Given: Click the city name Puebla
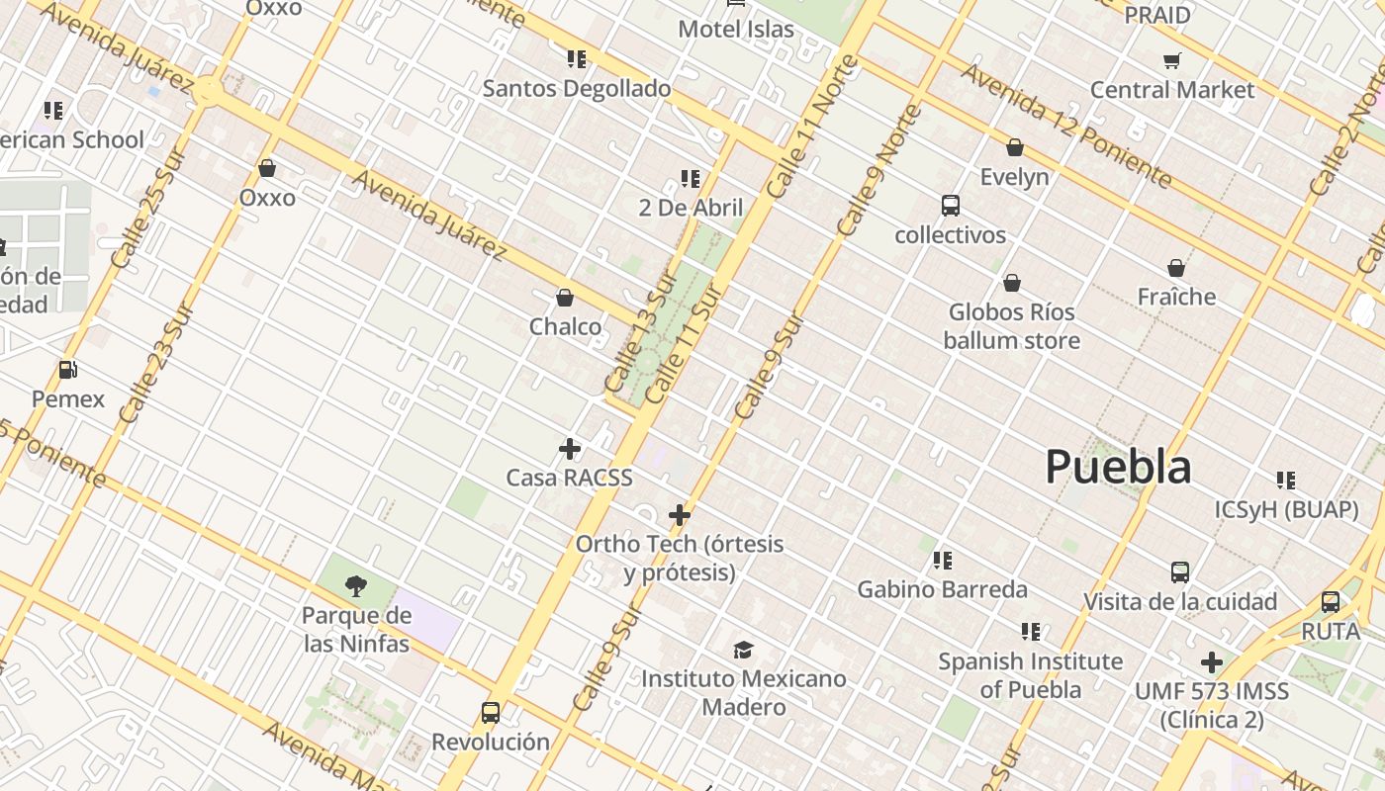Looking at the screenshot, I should [x=1118, y=467].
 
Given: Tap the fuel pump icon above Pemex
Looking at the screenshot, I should [x=67, y=370].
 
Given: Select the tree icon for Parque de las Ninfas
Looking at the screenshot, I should [x=356, y=585].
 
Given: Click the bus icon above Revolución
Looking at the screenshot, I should [x=490, y=712].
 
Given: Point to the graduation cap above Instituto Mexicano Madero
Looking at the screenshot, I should [x=743, y=649].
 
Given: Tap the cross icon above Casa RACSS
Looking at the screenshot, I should [x=569, y=449].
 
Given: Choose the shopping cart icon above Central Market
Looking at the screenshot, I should [x=1172, y=60].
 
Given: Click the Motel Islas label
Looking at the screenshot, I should [x=735, y=29].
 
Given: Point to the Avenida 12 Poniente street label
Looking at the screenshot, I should [x=1066, y=126].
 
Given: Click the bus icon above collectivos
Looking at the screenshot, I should [x=950, y=206].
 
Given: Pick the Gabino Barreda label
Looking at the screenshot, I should [x=942, y=589].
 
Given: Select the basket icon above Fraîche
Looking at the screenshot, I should [x=1175, y=268].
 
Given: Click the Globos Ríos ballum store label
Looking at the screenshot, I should [x=1011, y=326].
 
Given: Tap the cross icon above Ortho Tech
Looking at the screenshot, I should [x=679, y=515].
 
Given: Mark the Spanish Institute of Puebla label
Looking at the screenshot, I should [x=1030, y=674].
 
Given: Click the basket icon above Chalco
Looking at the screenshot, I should [x=565, y=298].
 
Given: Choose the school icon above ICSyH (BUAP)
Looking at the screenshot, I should [x=1285, y=481].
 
